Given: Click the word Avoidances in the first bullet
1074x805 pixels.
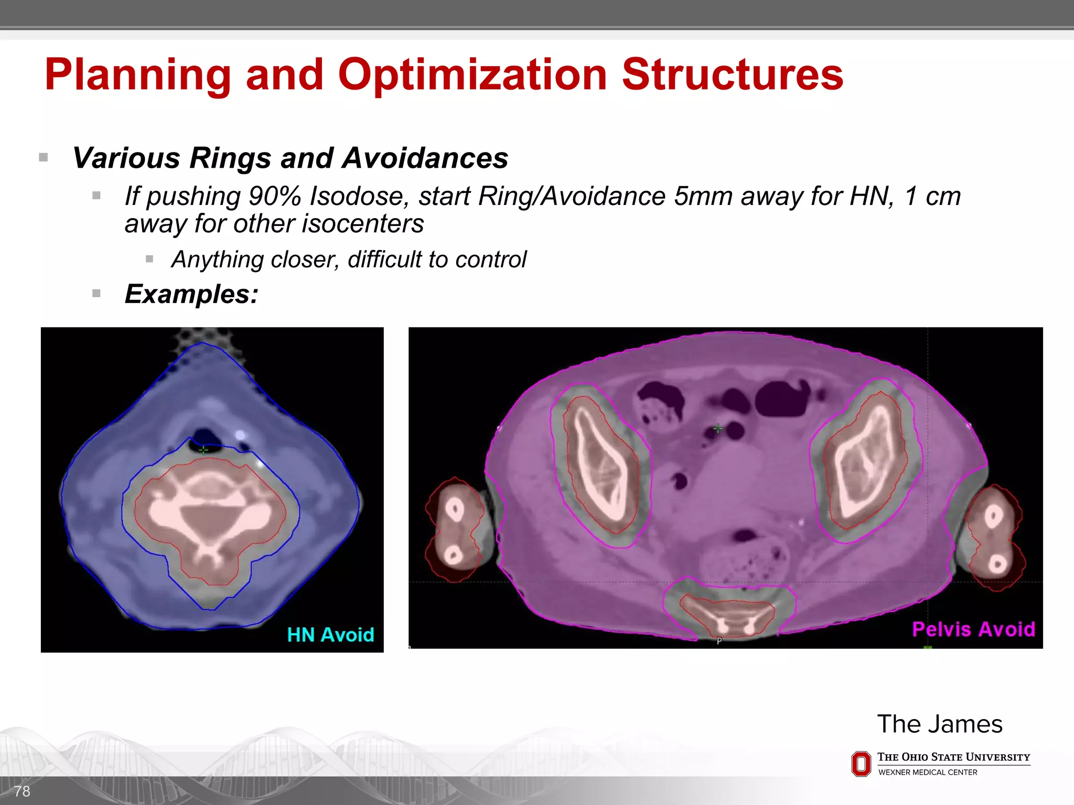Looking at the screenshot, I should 425,158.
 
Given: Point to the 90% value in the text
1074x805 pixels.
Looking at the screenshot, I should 275,197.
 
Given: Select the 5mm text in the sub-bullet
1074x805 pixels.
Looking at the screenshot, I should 703,197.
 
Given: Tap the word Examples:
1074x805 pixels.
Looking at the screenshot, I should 191,294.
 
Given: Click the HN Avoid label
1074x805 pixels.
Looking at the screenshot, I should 330,635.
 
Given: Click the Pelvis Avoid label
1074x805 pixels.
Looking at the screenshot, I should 973,629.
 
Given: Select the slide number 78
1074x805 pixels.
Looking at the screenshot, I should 22,791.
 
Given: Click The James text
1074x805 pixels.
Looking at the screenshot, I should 939,724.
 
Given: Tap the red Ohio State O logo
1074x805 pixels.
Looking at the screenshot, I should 861,764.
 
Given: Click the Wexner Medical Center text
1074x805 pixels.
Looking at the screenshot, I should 927,773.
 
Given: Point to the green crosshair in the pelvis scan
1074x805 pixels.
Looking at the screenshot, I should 717,429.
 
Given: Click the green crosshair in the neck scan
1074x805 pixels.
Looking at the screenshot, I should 203,450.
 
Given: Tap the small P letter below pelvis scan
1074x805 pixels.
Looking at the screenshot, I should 719,641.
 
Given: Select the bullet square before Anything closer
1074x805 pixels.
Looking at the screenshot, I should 149,259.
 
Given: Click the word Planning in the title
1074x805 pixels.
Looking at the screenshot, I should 137,75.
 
